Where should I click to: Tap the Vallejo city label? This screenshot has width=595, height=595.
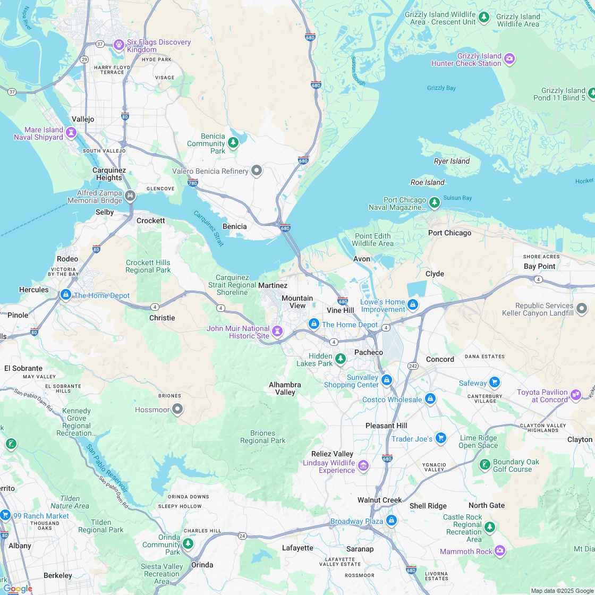[83, 119]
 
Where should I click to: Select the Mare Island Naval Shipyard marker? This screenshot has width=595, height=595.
[71, 131]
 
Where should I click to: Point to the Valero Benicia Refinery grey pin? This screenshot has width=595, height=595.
[257, 171]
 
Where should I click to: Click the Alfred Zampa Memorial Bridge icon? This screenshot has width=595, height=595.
[130, 196]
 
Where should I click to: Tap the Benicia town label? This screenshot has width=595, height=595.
[234, 226]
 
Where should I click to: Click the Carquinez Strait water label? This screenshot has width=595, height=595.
[208, 228]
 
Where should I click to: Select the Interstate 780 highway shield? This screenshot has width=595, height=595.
[192, 183]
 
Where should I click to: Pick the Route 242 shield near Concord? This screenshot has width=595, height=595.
[413, 366]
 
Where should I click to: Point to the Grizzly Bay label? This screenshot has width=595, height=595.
[441, 88]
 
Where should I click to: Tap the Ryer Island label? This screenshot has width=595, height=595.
[452, 161]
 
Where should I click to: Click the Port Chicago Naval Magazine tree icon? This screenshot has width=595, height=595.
[435, 202]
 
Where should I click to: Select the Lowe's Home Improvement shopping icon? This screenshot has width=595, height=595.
[413, 305]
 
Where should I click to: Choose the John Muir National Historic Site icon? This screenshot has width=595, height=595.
[277, 331]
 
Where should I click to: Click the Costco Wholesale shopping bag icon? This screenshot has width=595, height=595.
[430, 398]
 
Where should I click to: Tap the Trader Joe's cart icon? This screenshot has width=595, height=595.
[440, 438]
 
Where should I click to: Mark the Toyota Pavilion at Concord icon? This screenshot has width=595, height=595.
[575, 394]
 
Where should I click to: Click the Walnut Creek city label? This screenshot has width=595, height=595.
[379, 500]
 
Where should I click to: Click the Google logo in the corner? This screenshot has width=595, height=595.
[17, 589]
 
